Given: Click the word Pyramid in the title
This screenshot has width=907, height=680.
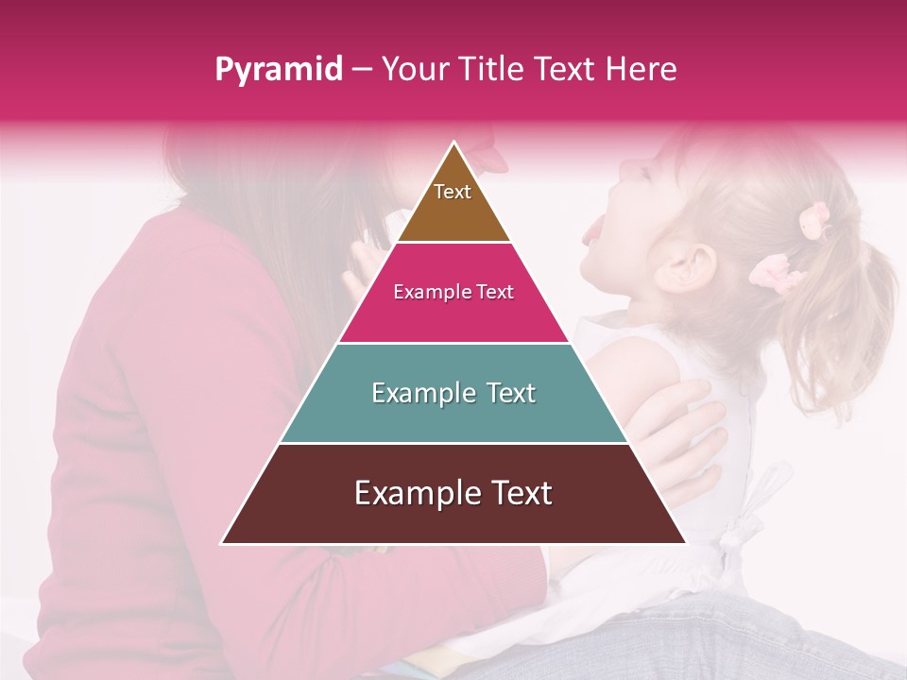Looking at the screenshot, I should coord(279,70).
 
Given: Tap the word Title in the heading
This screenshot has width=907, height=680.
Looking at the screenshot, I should coord(491,69).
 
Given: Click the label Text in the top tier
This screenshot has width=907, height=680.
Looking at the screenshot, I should coord(453,192).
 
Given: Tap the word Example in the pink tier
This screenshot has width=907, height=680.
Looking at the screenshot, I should coord(425,292).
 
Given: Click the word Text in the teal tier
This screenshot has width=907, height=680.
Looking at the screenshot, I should coord(505,393).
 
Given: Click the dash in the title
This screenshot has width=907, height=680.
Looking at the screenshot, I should coord(362,70).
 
